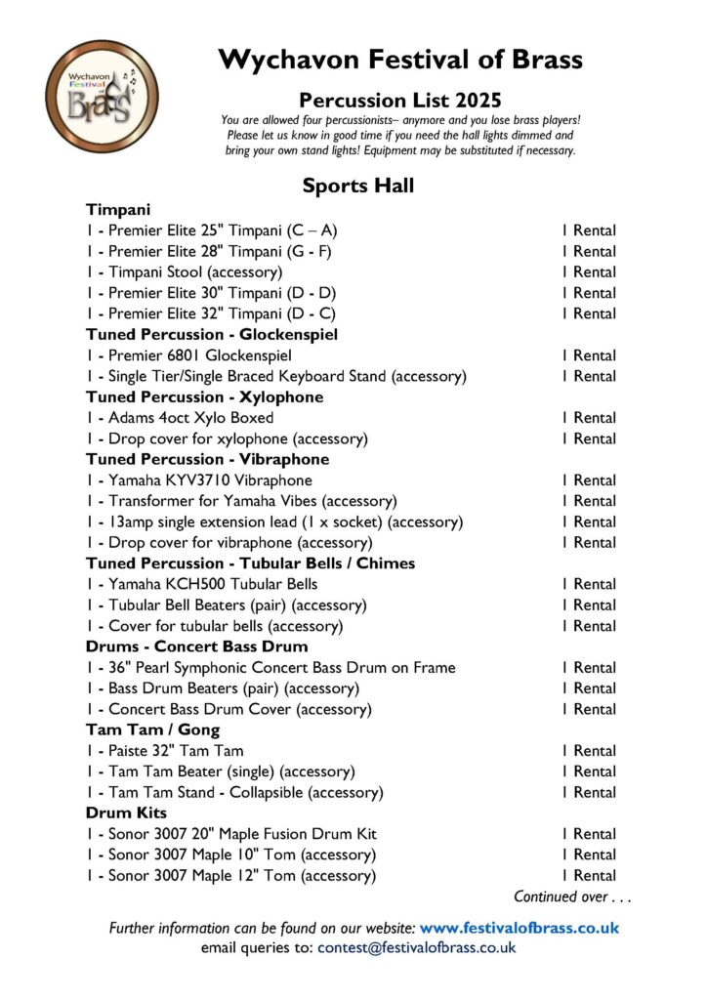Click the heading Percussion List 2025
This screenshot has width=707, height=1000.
click(399, 99)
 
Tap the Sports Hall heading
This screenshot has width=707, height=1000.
click(357, 186)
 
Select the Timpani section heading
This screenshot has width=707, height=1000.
click(116, 210)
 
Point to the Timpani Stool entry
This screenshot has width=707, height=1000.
click(194, 272)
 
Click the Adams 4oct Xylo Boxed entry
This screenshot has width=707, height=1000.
click(180, 418)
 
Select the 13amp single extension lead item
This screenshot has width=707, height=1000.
click(255, 521)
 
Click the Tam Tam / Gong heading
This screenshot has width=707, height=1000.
click(152, 729)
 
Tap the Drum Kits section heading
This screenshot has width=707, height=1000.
click(126, 812)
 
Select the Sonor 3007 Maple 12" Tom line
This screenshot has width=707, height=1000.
click(230, 876)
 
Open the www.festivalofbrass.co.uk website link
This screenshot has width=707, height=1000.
click(519, 928)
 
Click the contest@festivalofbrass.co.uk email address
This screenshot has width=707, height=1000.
click(416, 947)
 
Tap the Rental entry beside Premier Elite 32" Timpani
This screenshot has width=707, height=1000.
click(588, 314)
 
